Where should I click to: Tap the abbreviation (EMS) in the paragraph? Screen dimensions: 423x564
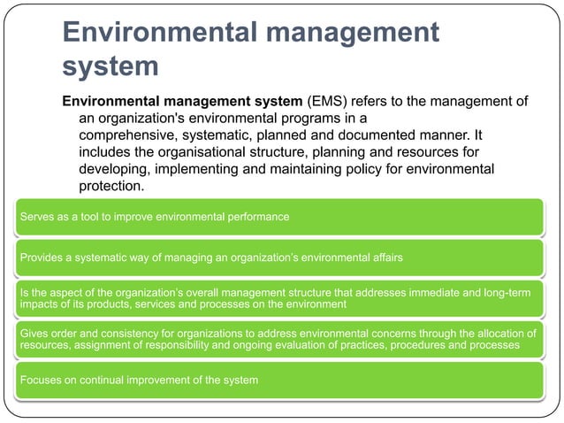coord(326,101)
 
